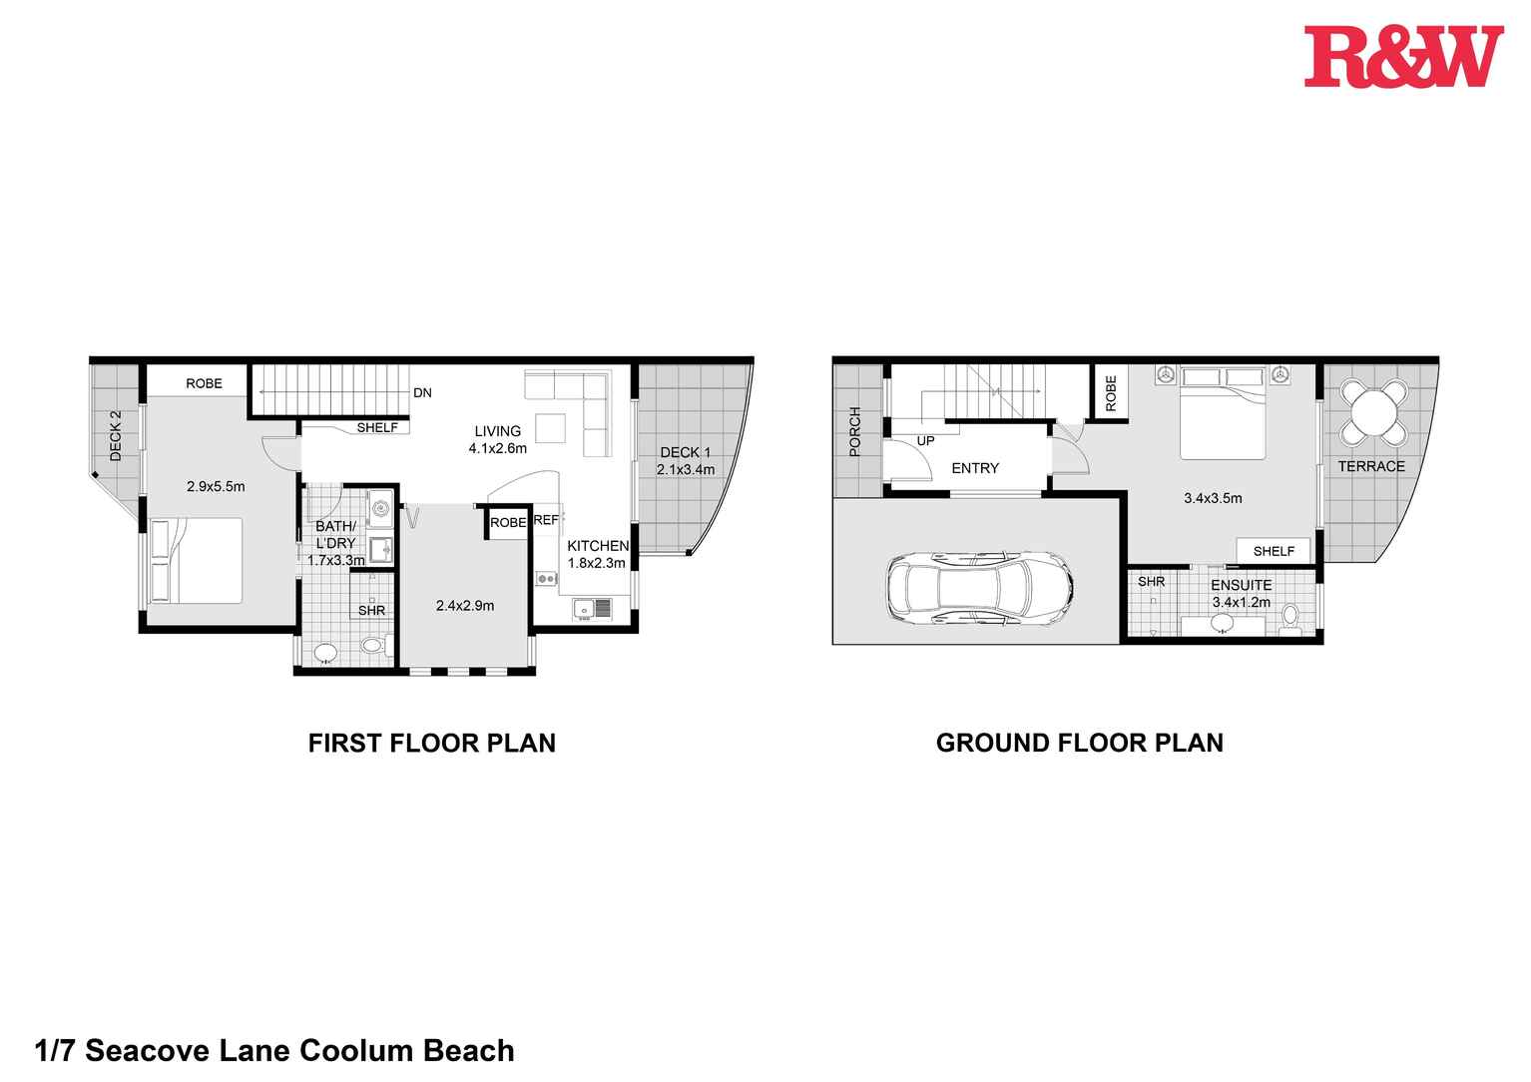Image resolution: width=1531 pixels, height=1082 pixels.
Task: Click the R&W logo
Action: pyautogui.click(x=1403, y=57)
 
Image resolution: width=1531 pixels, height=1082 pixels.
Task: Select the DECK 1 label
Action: pyautogui.click(x=685, y=452)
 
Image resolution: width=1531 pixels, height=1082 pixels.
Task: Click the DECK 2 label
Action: pyautogui.click(x=116, y=435)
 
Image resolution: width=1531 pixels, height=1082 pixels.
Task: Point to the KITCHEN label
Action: pyautogui.click(x=598, y=546)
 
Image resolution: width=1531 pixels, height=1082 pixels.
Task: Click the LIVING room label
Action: pyautogui.click(x=497, y=431)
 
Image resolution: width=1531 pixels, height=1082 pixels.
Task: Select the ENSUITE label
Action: pyautogui.click(x=1241, y=585)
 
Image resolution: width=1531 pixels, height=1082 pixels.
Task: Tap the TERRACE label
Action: pyautogui.click(x=1370, y=466)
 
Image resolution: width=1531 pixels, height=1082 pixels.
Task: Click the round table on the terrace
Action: pyautogui.click(x=1373, y=411)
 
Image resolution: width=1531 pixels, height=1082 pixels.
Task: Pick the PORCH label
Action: pyautogui.click(x=854, y=431)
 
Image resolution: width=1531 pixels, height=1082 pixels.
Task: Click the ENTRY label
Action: pyautogui.click(x=974, y=468)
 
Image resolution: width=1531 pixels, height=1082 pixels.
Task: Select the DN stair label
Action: pyautogui.click(x=422, y=393)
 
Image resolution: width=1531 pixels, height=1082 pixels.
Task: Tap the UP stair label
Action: pyautogui.click(x=925, y=440)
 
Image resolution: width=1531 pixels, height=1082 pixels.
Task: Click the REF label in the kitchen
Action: pyautogui.click(x=546, y=520)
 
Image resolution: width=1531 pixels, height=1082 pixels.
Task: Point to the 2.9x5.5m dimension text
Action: pyautogui.click(x=216, y=487)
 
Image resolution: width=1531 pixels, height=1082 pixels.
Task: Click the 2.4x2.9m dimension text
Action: pyautogui.click(x=464, y=605)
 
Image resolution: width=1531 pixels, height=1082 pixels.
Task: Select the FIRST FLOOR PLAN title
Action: pyautogui.click(x=431, y=743)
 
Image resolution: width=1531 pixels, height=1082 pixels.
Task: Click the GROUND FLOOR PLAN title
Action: pyautogui.click(x=1079, y=743)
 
